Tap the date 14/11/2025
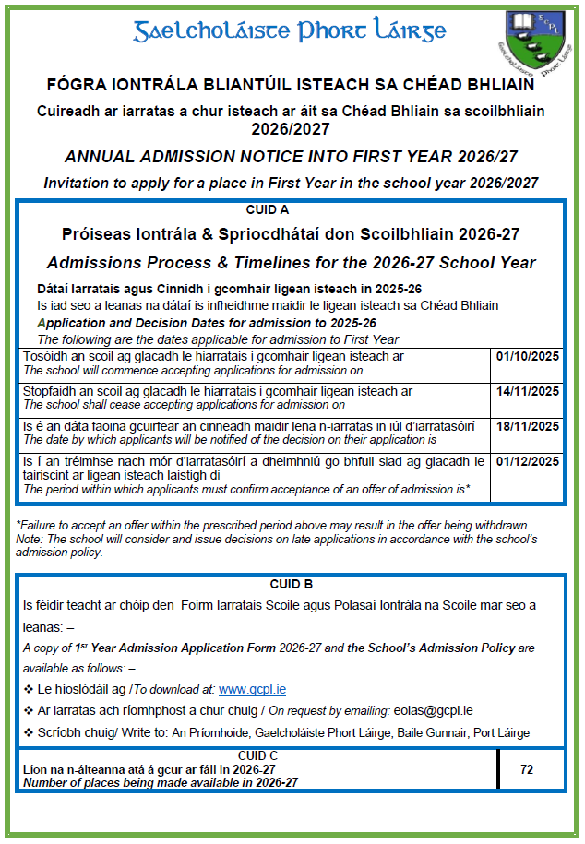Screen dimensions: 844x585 point(528,391)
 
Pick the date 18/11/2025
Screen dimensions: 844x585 point(528,426)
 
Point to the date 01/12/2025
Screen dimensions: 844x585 point(528,461)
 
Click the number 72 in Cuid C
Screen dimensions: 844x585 point(527,769)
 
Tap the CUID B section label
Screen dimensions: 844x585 point(292,584)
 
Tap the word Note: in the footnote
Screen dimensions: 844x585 point(30,539)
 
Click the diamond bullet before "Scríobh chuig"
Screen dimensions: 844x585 point(28,732)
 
